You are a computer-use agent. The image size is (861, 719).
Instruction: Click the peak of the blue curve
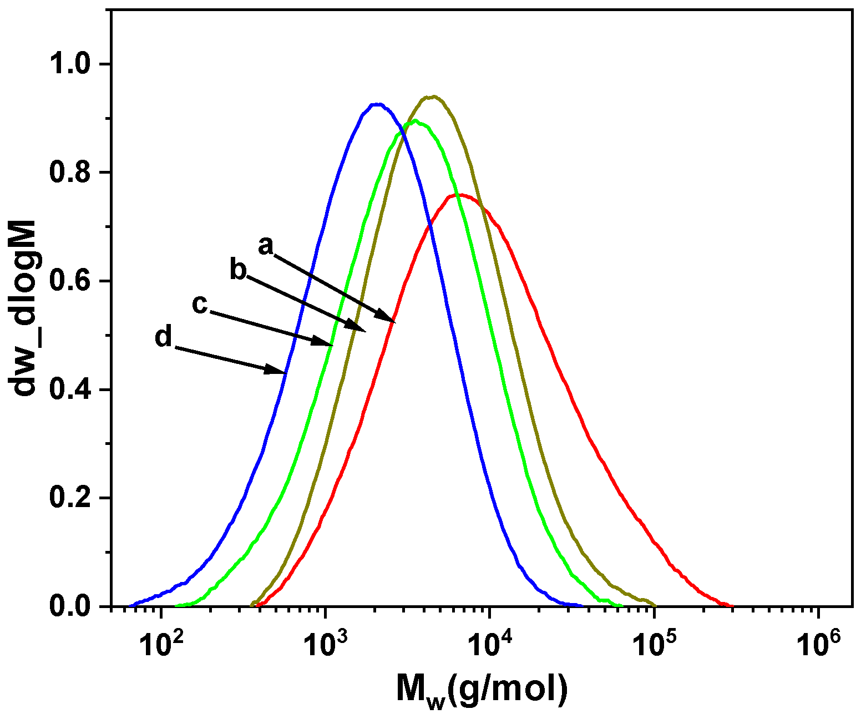click(377, 104)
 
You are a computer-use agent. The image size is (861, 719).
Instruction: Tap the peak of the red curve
click(460, 195)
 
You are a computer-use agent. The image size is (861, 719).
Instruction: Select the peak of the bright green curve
click(414, 121)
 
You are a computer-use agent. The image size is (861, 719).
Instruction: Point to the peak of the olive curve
click(432, 97)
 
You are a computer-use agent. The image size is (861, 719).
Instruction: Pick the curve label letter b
click(238, 271)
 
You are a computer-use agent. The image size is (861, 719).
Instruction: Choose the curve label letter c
click(200, 304)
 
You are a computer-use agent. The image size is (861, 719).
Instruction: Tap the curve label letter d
click(164, 337)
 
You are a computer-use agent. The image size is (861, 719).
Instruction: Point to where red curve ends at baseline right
click(731, 605)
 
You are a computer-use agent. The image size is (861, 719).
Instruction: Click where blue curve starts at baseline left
click(129, 605)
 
